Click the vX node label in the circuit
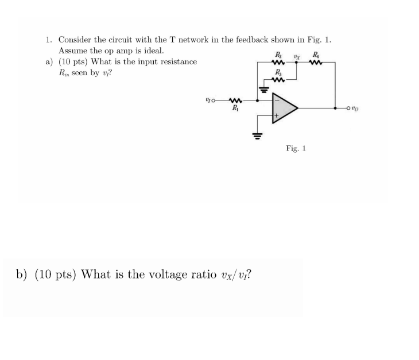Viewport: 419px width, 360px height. [x=297, y=56]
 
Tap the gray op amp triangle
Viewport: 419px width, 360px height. [x=285, y=107]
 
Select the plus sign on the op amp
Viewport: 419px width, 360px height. [x=277, y=115]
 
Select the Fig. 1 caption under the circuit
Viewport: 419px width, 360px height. [x=296, y=148]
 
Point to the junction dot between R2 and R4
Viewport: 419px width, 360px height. [x=297, y=64]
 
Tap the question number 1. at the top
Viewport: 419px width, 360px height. [x=49, y=40]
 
